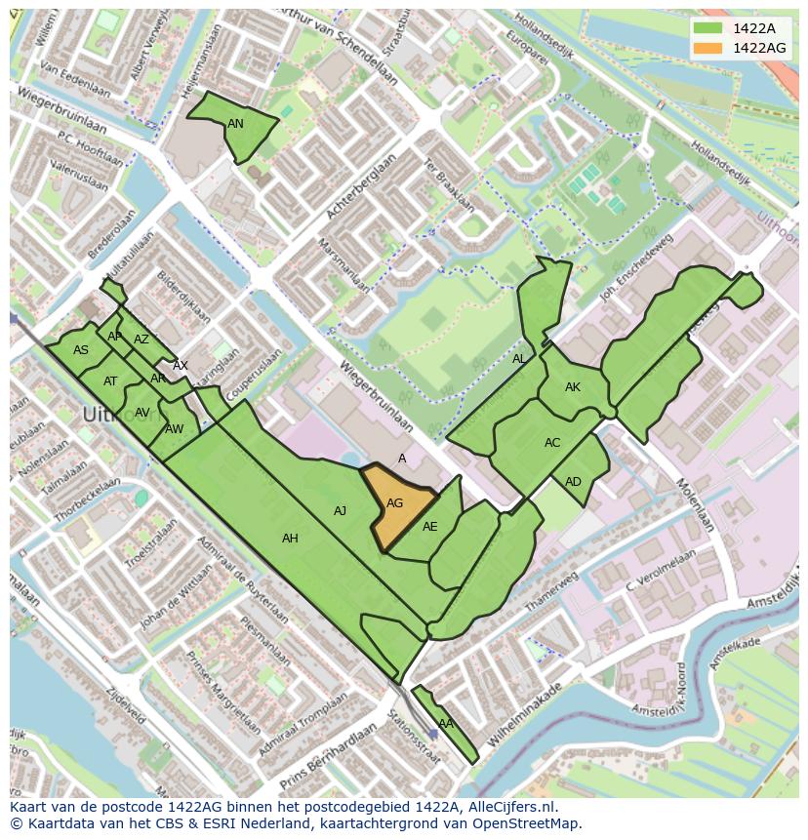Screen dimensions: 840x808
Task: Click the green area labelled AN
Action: pos(235,124)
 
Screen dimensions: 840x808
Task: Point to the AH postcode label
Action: pos(290,538)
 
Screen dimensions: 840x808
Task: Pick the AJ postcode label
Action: pos(340,510)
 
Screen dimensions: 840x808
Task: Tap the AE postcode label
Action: pos(429,526)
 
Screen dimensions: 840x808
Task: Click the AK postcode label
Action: pos(573,387)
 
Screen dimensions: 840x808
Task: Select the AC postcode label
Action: pos(552,443)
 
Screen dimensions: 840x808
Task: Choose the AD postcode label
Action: pos(573,482)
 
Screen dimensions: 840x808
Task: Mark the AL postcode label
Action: pos(519,359)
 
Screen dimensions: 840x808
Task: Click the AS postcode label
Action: pos(81,350)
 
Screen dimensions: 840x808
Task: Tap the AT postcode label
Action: pos(110,381)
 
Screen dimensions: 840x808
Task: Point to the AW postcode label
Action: pos(174,429)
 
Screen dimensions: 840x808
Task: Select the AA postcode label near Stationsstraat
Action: pos(445,724)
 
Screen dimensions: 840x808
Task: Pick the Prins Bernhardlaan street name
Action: pos(328,758)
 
